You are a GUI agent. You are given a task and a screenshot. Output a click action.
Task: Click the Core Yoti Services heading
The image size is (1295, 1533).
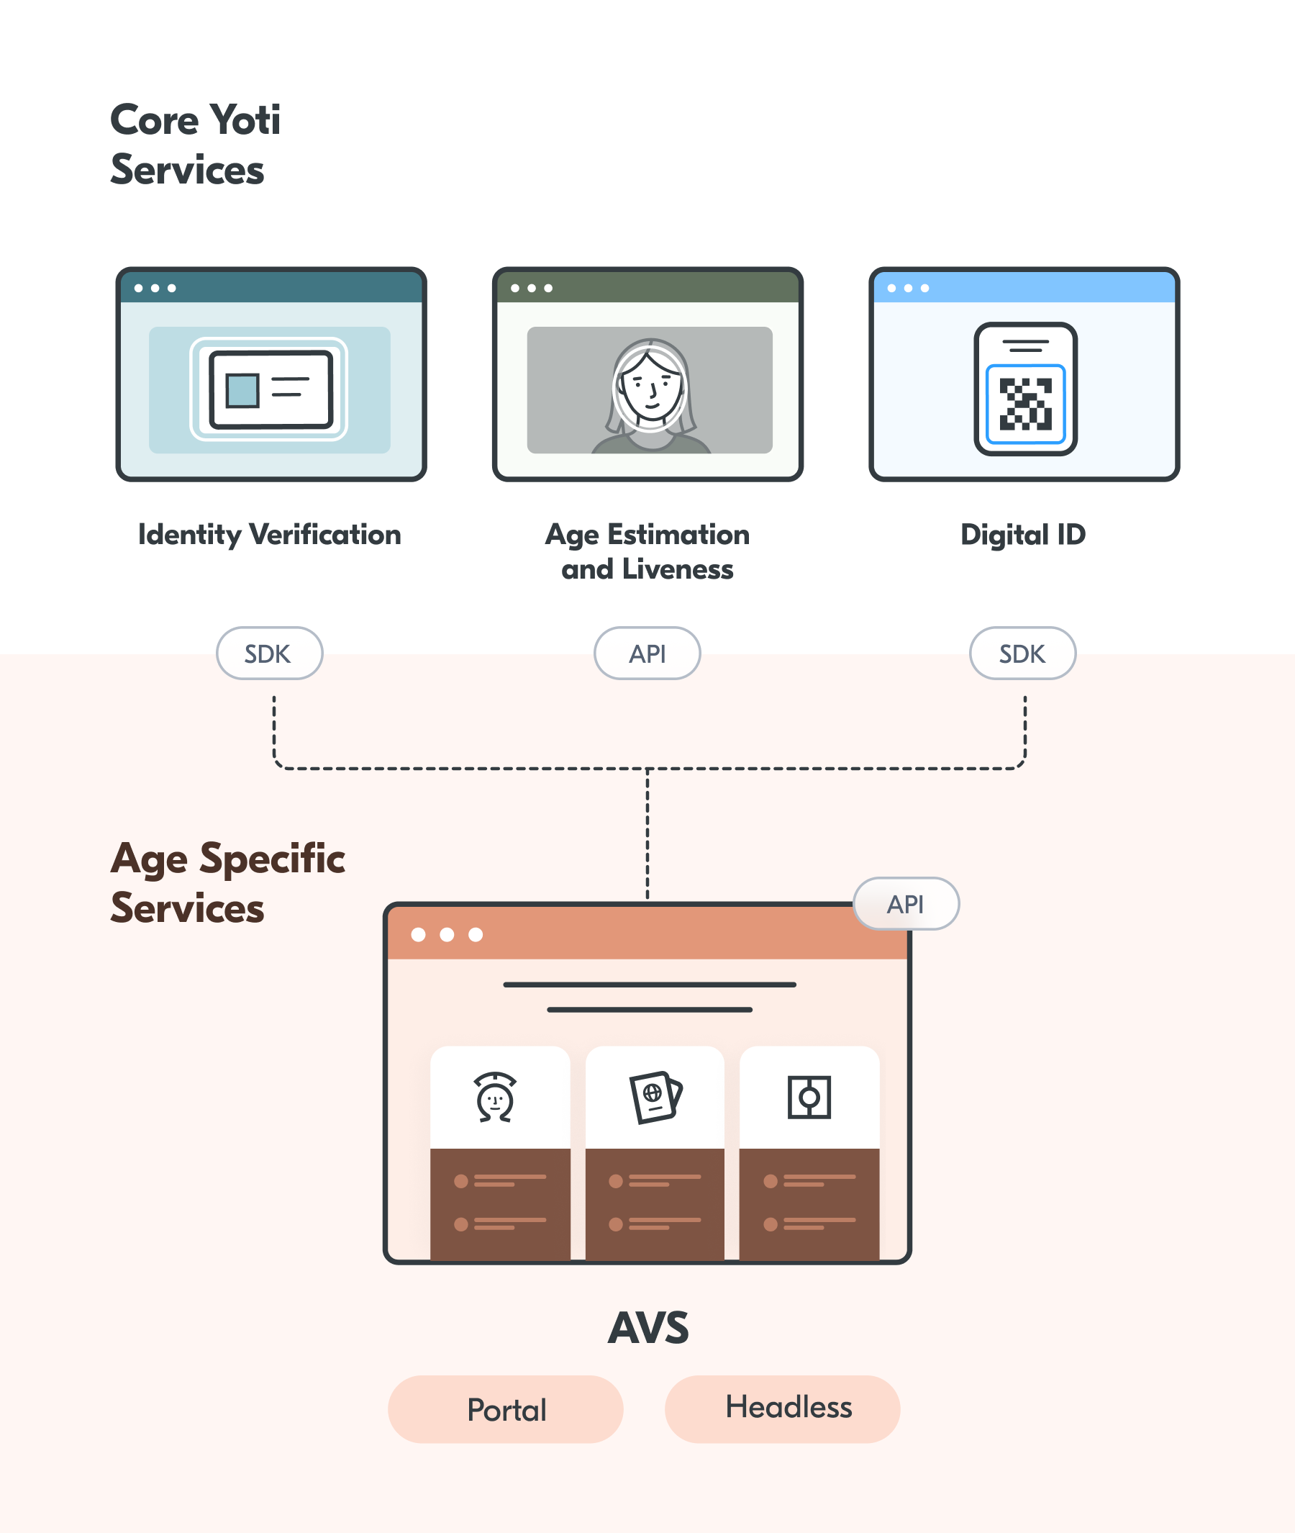tap(194, 145)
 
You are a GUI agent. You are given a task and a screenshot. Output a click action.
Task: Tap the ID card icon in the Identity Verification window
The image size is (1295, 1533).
tap(271, 389)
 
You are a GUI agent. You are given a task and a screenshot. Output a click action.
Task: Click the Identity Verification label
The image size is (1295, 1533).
tap(269, 534)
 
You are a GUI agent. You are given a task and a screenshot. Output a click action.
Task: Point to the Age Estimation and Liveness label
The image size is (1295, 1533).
tap(647, 551)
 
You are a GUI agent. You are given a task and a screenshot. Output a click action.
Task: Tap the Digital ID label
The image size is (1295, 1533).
tap(1022, 534)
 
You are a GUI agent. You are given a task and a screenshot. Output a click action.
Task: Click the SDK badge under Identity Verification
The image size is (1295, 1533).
tap(268, 653)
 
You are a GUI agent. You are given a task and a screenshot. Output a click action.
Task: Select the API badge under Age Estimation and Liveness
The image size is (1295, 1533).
tap(647, 653)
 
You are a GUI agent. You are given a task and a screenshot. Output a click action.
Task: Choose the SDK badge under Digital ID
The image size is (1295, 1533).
tap(1022, 653)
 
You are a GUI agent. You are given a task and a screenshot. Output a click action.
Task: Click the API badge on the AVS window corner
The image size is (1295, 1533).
tap(905, 903)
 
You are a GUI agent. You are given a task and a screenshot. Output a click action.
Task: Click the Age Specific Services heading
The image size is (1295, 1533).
tap(227, 883)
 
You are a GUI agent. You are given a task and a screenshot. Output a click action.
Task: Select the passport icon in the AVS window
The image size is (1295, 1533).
tap(655, 1097)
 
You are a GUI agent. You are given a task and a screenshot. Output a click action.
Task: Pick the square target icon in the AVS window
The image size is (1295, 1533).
tap(809, 1098)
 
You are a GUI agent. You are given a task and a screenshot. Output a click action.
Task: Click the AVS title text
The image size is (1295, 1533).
tap(648, 1328)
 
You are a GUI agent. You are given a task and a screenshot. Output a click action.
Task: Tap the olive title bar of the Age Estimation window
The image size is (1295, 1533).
tap(660, 288)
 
